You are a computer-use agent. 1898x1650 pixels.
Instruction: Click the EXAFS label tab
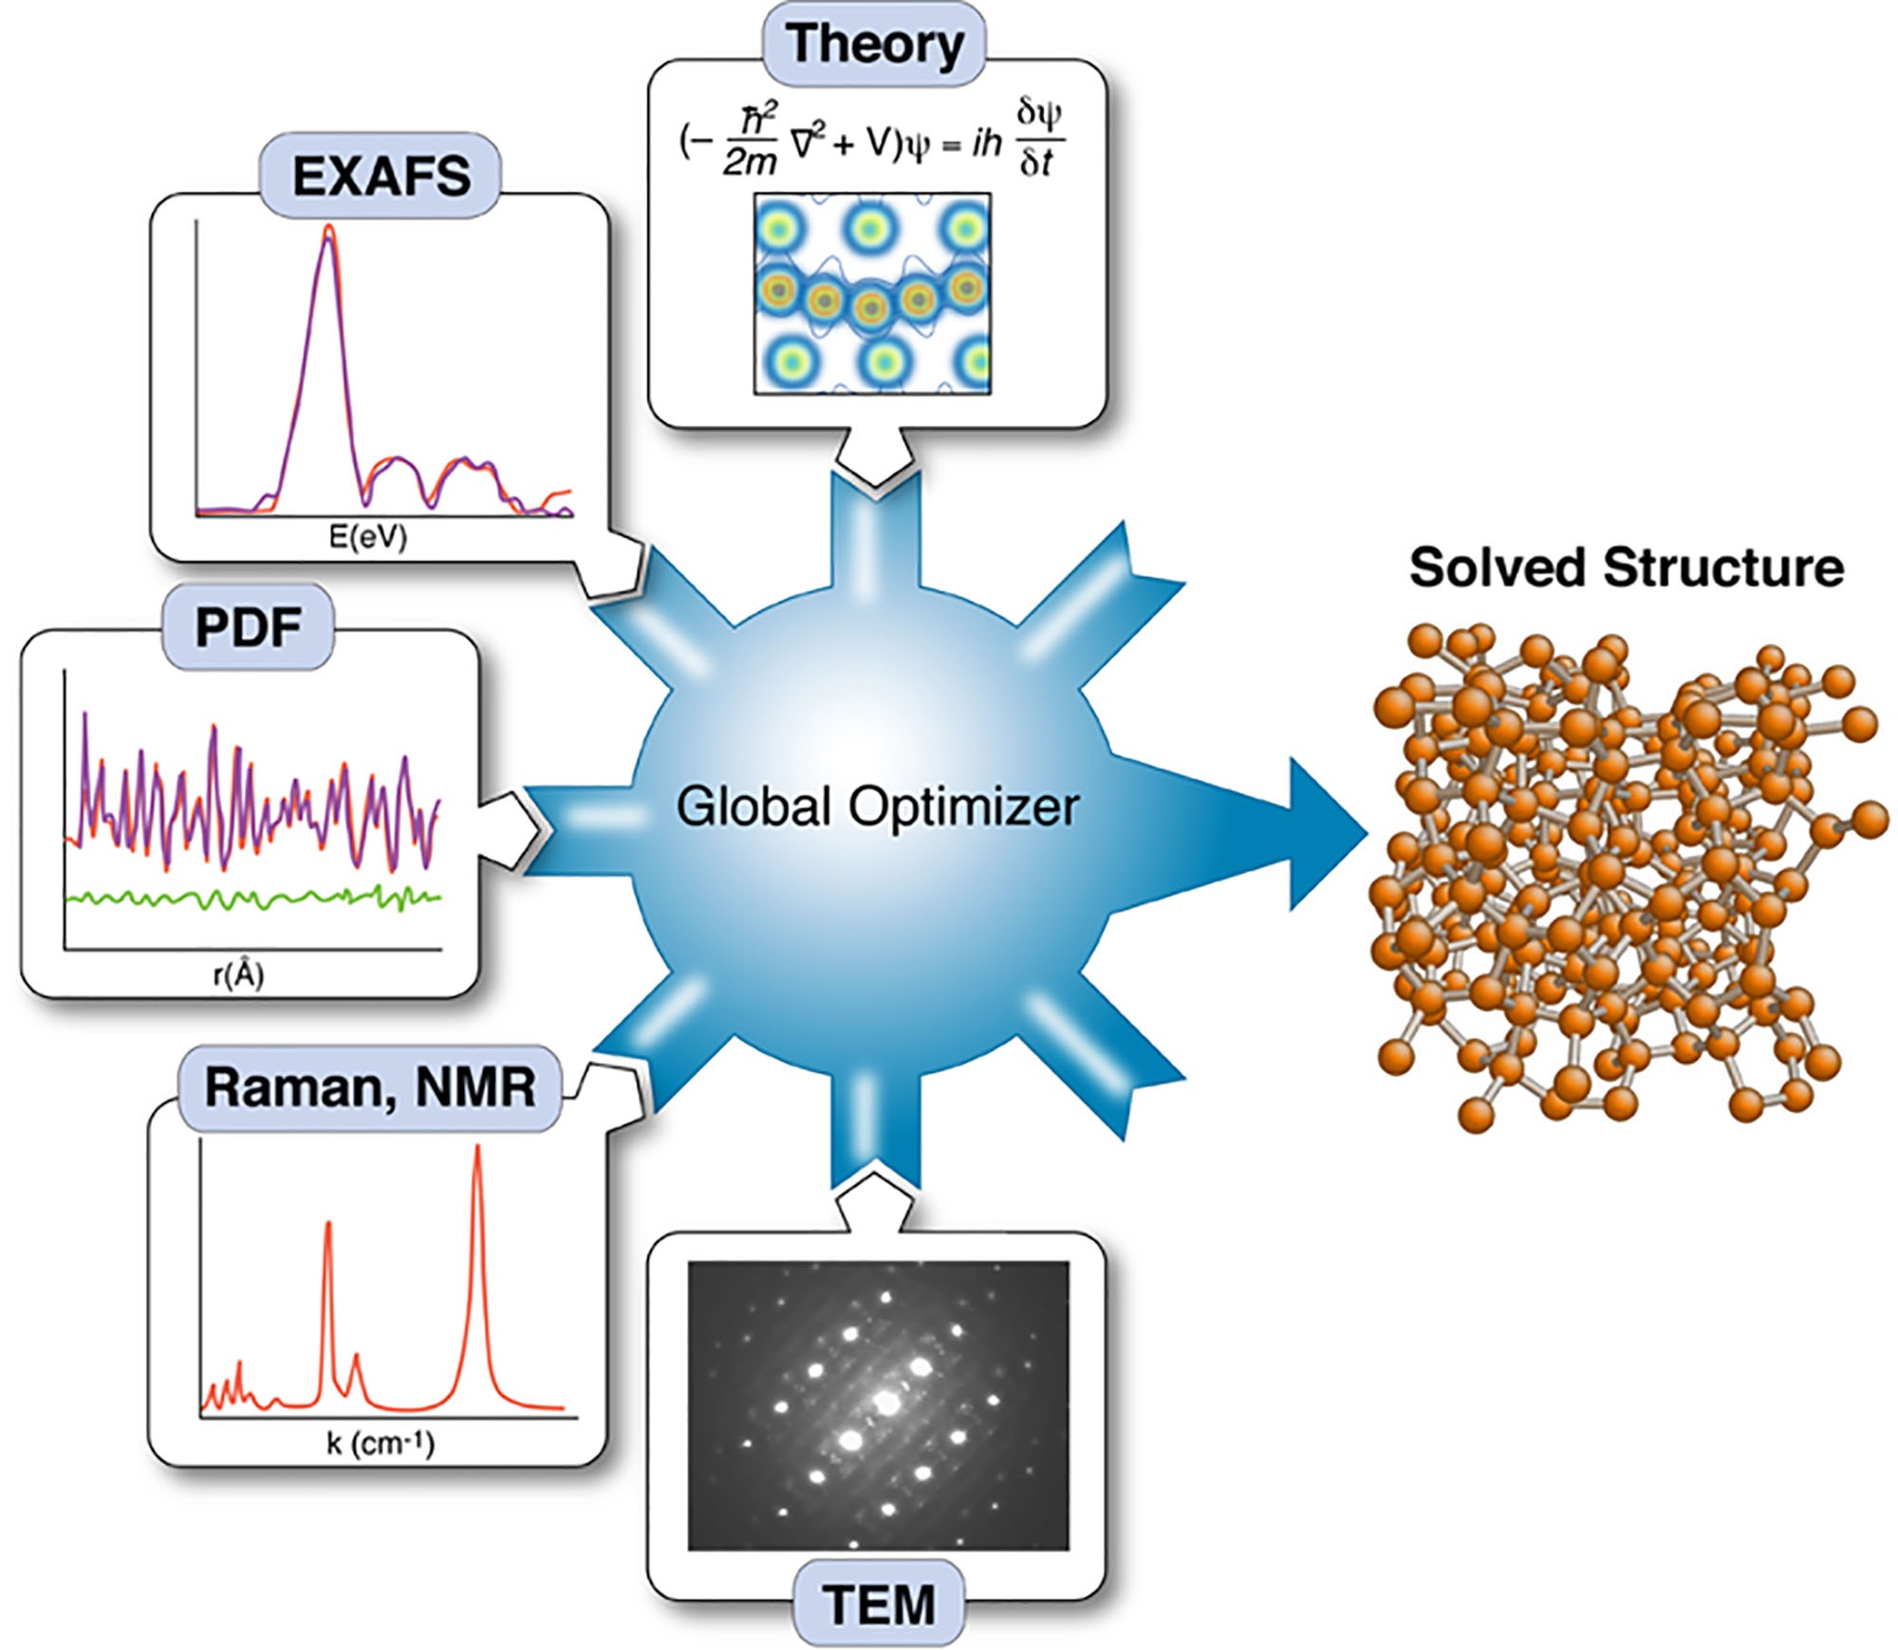click(x=381, y=176)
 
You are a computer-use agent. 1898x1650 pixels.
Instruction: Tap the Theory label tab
click(x=874, y=44)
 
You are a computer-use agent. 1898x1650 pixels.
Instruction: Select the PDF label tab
click(x=249, y=627)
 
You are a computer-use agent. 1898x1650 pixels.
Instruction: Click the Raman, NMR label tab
click(x=370, y=1087)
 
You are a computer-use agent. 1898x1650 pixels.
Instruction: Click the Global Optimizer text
click(x=878, y=806)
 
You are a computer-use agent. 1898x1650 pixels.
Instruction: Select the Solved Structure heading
click(x=1627, y=567)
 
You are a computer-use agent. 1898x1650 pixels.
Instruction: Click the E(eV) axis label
click(x=367, y=537)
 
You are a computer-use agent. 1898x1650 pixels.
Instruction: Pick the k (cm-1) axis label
click(x=381, y=1444)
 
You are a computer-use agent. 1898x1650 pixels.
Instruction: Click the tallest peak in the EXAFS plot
click(x=328, y=229)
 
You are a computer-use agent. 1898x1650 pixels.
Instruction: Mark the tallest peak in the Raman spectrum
click(x=477, y=1149)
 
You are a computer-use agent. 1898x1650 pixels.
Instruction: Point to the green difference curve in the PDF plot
click(x=252, y=898)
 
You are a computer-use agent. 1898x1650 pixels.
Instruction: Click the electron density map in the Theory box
click(x=873, y=293)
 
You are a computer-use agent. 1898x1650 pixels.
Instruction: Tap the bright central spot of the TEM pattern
click(x=887, y=1402)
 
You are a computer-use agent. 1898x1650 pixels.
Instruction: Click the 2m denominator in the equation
click(x=749, y=162)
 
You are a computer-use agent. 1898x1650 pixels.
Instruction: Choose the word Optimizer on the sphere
click(x=964, y=806)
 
